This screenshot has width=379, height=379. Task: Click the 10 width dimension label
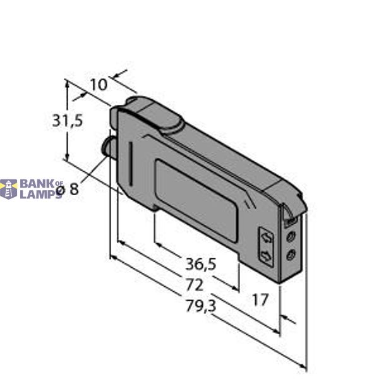(99, 84)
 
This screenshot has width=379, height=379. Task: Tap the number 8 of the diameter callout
(75, 189)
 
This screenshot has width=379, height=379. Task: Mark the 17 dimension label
(260, 299)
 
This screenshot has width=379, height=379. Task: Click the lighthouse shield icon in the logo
(8, 189)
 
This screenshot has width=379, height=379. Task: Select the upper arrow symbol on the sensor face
(267, 238)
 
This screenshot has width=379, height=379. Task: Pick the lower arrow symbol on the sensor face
(267, 255)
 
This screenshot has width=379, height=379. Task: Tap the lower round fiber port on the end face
(291, 255)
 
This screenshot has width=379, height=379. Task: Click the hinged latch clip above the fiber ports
(290, 217)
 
